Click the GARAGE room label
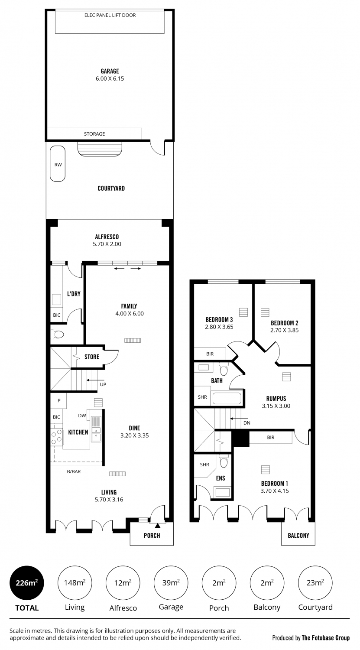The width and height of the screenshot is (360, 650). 110,71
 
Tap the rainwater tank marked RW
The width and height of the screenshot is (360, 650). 58,164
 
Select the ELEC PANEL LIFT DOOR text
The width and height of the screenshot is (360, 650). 110,15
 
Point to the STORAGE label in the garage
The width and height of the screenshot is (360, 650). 94,134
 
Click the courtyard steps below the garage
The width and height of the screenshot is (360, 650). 101,149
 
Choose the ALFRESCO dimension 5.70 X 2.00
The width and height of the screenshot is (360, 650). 107,244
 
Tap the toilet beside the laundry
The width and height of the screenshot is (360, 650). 57,335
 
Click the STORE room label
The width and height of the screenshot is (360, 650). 92,357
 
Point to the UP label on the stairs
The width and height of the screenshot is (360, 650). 103,384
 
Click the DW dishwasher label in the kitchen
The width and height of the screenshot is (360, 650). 82,416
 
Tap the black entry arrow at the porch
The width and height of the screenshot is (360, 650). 157,526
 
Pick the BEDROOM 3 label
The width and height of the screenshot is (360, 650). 219,319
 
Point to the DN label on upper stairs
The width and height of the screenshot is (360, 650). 247,423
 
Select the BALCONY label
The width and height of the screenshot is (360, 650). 298,535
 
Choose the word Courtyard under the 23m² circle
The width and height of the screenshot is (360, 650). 315,608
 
